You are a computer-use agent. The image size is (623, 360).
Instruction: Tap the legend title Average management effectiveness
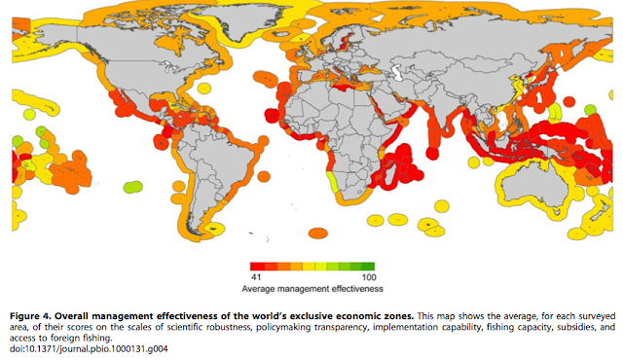point(311,289)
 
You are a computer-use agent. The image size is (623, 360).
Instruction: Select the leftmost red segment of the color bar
point(256,265)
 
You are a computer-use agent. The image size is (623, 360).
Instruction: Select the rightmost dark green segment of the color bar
point(368,265)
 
